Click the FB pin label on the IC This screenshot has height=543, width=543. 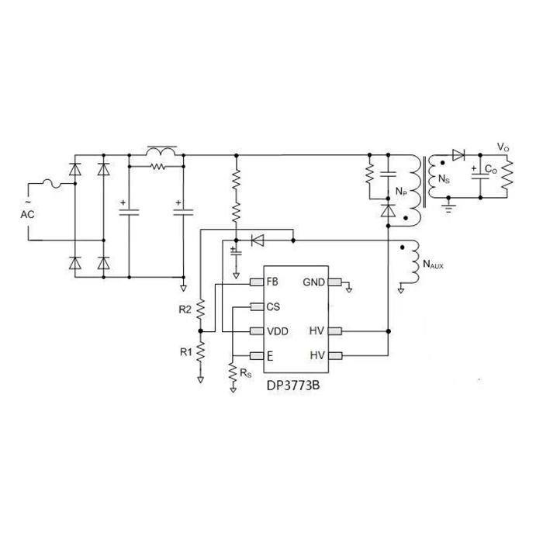click(272, 282)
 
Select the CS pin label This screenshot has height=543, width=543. click(273, 307)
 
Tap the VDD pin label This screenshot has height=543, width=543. click(278, 331)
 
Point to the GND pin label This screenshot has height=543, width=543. click(313, 282)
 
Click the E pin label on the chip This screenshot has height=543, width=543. click(270, 356)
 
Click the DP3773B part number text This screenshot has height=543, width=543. click(293, 386)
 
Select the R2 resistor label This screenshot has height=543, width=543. click(185, 310)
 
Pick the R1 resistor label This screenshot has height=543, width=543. click(186, 352)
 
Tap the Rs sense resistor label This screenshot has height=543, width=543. click(246, 373)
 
